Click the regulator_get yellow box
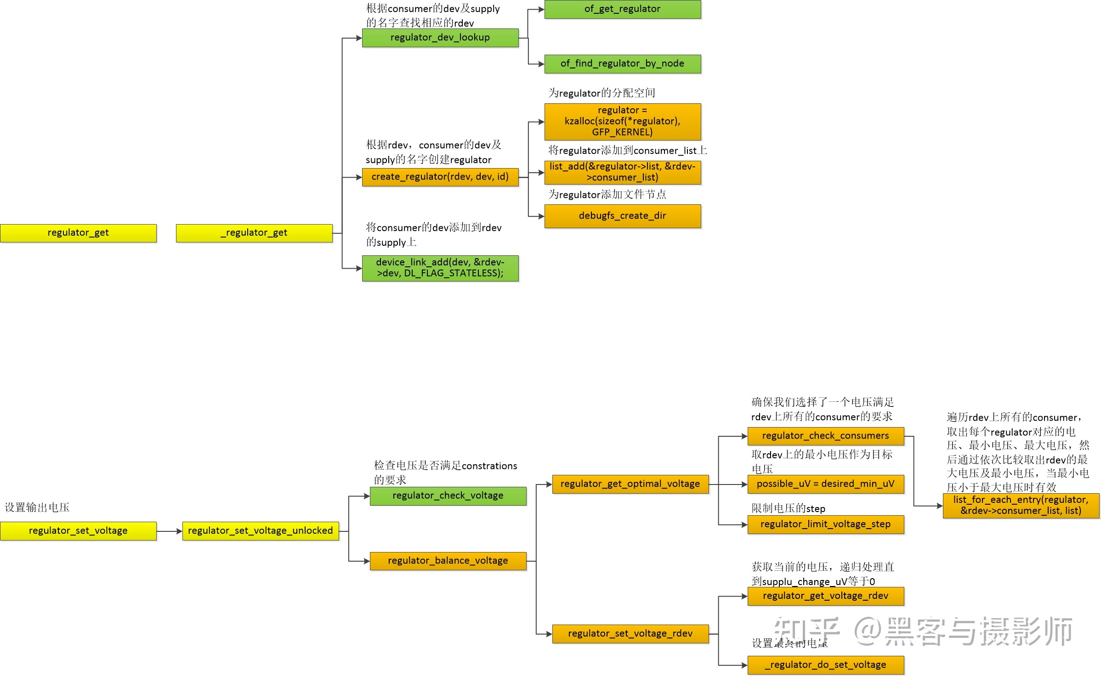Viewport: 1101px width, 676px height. pos(78,233)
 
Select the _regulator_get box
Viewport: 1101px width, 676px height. pos(254,233)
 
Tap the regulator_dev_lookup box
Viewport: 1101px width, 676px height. pos(440,38)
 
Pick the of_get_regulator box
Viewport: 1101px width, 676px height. pos(623,9)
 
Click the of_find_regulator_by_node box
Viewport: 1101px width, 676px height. pos(623,64)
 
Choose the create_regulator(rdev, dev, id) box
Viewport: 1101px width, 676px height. pos(440,177)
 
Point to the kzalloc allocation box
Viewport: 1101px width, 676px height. pos(623,122)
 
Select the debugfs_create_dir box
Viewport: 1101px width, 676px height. pos(623,216)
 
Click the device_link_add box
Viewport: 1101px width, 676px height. pos(440,268)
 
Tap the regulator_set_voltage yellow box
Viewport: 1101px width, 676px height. pos(78,531)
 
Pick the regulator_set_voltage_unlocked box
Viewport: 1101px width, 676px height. pos(261,531)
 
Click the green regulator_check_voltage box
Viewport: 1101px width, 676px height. pos(448,496)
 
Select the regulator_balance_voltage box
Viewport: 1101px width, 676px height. pos(448,561)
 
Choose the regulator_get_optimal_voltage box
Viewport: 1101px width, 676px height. pos(630,484)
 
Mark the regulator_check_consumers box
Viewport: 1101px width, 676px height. pos(826,436)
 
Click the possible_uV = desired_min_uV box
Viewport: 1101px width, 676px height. pos(826,484)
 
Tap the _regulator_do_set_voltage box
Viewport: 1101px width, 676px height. pos(826,665)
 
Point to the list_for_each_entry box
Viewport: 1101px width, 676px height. pos(1021,506)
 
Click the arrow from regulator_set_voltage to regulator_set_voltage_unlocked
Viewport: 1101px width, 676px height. pos(170,531)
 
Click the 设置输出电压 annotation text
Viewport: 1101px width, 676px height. pos(37,507)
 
